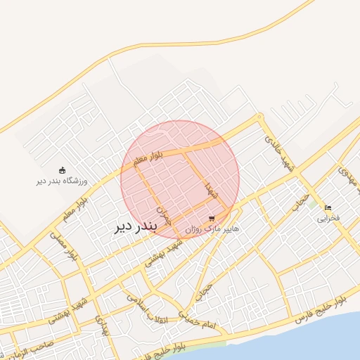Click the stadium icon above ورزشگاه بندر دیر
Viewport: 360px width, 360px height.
62,169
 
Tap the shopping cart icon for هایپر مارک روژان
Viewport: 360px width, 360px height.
212,219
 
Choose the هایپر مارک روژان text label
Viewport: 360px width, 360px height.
212,229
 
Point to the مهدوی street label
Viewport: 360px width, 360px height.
349,176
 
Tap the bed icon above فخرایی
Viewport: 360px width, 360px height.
328,207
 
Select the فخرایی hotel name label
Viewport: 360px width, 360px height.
328,218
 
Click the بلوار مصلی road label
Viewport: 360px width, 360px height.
59,247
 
